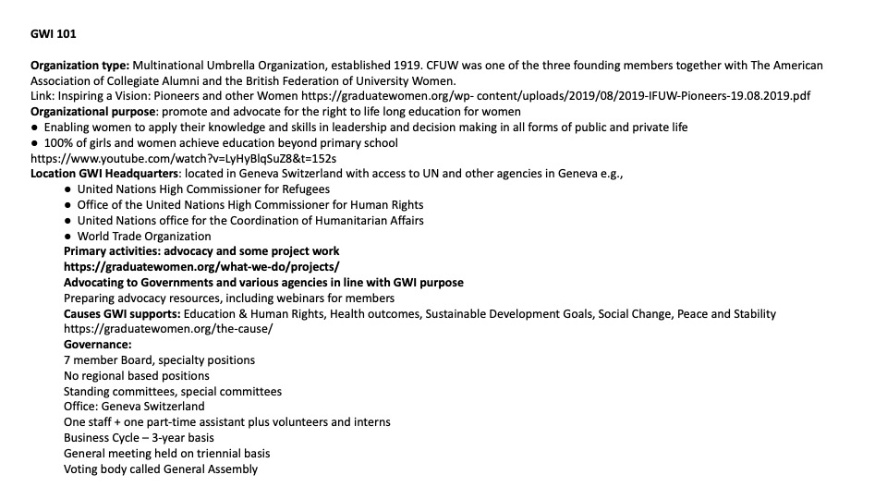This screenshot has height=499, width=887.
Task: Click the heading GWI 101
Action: (x=54, y=35)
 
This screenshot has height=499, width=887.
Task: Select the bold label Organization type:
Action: (x=80, y=66)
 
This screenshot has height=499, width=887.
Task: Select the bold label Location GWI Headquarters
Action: (x=104, y=174)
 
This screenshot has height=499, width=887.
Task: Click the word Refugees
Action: (x=303, y=189)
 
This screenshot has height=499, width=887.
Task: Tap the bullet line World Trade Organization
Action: (x=144, y=236)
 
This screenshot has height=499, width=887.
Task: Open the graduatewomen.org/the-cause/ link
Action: (x=155, y=329)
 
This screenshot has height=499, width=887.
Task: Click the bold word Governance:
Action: (x=98, y=345)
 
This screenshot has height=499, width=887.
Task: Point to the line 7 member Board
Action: (x=159, y=360)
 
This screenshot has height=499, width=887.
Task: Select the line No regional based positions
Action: (x=137, y=376)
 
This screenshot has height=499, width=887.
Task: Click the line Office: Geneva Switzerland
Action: (x=134, y=407)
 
